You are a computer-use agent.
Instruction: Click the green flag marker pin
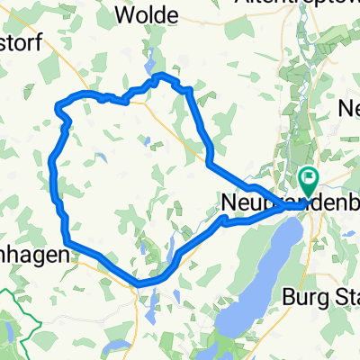[x=310, y=179]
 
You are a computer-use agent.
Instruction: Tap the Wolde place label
[x=149, y=14]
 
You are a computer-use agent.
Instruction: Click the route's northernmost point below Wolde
[x=160, y=75]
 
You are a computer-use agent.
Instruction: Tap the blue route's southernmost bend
[x=139, y=284]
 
